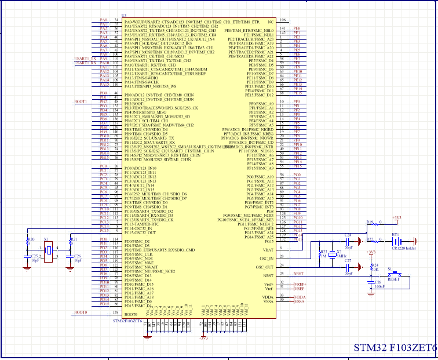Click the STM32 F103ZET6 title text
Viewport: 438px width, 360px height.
395,348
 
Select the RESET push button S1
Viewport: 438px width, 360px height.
393,276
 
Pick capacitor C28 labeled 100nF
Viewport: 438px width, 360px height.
370,283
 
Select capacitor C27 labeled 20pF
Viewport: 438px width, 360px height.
347,267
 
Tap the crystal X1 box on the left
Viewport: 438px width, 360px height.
49,250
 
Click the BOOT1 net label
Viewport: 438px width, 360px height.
81,101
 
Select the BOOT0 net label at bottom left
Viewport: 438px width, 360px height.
81,312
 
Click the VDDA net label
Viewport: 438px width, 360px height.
300,296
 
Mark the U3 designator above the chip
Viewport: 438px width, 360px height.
124,14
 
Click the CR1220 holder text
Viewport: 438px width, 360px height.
404,248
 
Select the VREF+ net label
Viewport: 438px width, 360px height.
300,283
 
